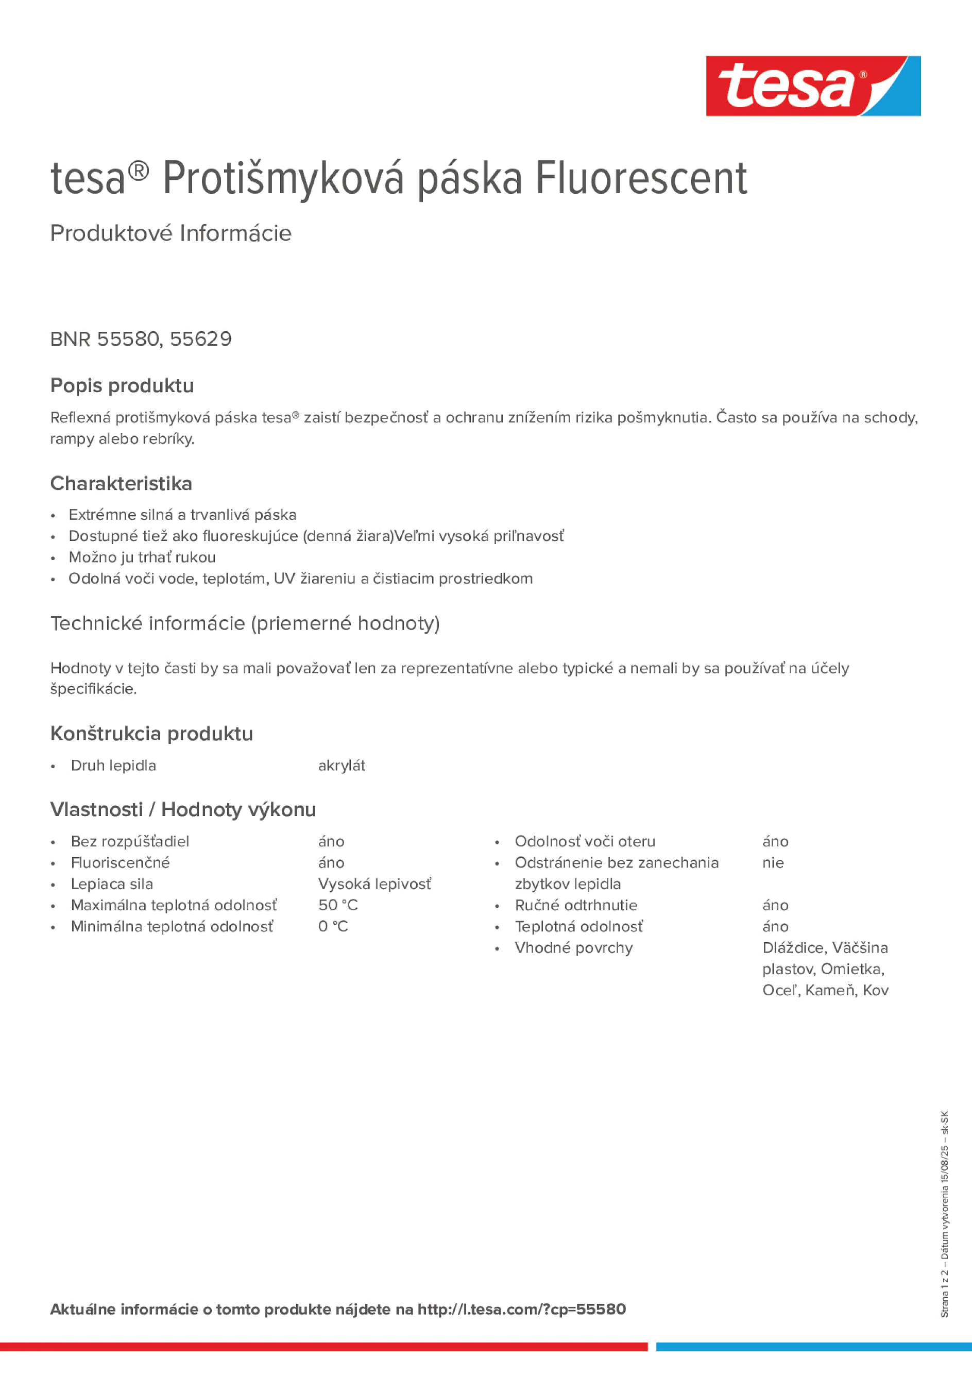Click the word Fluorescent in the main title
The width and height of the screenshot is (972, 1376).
tap(641, 179)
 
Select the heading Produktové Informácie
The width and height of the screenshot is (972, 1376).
tap(171, 233)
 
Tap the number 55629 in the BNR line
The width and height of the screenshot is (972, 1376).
tap(201, 339)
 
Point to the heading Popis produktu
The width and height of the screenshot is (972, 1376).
tap(122, 385)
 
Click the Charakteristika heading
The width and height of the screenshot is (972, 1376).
tap(121, 483)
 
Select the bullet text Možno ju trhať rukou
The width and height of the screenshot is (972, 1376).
tap(142, 557)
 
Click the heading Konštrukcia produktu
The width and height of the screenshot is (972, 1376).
tap(151, 733)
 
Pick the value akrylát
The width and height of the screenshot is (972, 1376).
tap(342, 766)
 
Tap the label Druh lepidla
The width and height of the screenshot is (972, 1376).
tap(113, 766)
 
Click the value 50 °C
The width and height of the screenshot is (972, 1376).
tap(338, 905)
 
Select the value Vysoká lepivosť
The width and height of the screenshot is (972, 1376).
tap(374, 884)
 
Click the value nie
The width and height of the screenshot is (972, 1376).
tap(773, 862)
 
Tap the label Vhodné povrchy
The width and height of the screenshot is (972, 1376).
tap(573, 947)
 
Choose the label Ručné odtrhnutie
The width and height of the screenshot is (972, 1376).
tap(576, 905)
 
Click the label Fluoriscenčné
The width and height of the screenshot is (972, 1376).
tap(121, 862)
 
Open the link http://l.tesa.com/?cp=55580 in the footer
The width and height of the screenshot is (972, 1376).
tap(521, 1309)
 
